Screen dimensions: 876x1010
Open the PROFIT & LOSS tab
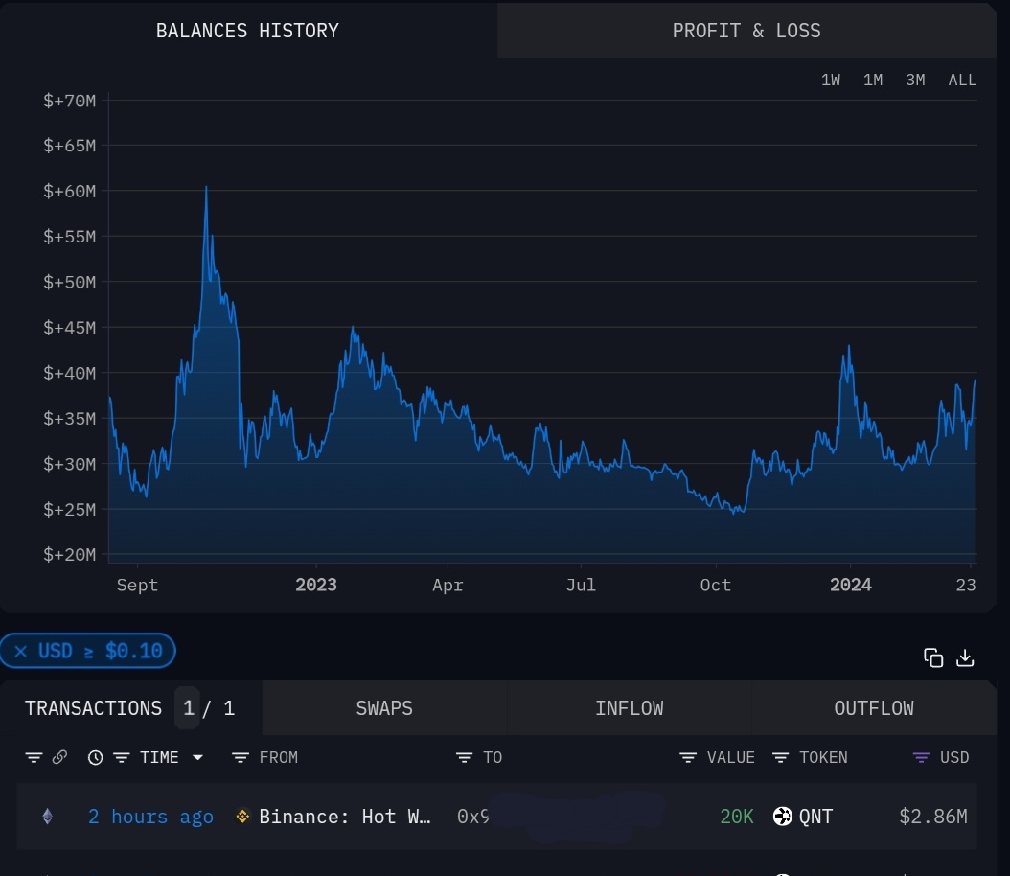coord(746,31)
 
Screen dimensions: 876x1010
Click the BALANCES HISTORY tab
coord(247,31)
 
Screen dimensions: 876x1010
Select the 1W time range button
coord(831,81)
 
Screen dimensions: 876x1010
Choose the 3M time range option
coord(915,81)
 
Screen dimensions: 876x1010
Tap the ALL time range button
coord(962,81)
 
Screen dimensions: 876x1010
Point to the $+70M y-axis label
coord(69,101)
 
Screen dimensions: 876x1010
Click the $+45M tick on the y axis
coord(69,328)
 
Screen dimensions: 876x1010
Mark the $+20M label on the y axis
coord(69,555)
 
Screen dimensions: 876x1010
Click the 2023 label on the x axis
coord(316,585)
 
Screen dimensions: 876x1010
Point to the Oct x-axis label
coord(715,585)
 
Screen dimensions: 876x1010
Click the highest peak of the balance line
coord(206,187)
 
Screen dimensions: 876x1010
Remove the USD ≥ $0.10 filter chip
coord(20,652)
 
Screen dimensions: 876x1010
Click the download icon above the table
coord(966,657)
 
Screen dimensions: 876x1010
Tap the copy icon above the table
coord(933,657)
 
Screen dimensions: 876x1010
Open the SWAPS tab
coord(384,708)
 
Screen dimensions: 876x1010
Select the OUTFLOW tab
coord(874,708)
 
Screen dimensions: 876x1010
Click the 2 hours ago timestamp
coord(150,817)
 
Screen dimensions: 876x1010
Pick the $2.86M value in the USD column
coord(932,817)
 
